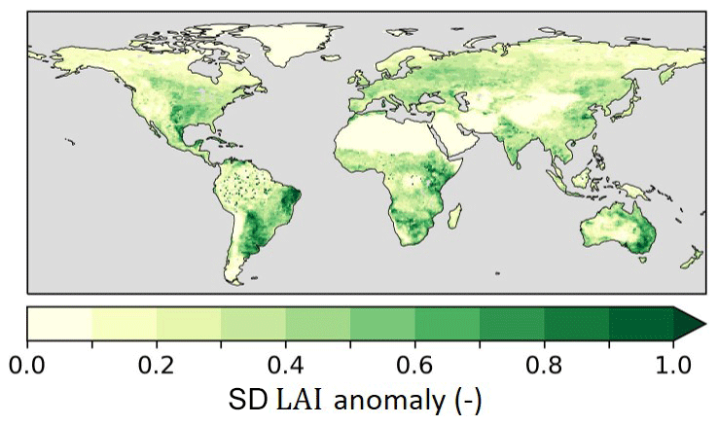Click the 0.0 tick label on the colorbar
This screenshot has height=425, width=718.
27,367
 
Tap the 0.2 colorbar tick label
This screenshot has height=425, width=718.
157,367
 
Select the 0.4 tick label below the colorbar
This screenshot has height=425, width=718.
286,367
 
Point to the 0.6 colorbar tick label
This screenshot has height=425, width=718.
415,367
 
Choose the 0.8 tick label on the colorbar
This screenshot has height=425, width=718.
545,367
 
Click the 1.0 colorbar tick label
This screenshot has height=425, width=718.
673,367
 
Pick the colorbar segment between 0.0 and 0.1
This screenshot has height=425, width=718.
59,322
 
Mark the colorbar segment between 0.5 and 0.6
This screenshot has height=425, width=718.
382,322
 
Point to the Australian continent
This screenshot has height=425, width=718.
613,229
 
